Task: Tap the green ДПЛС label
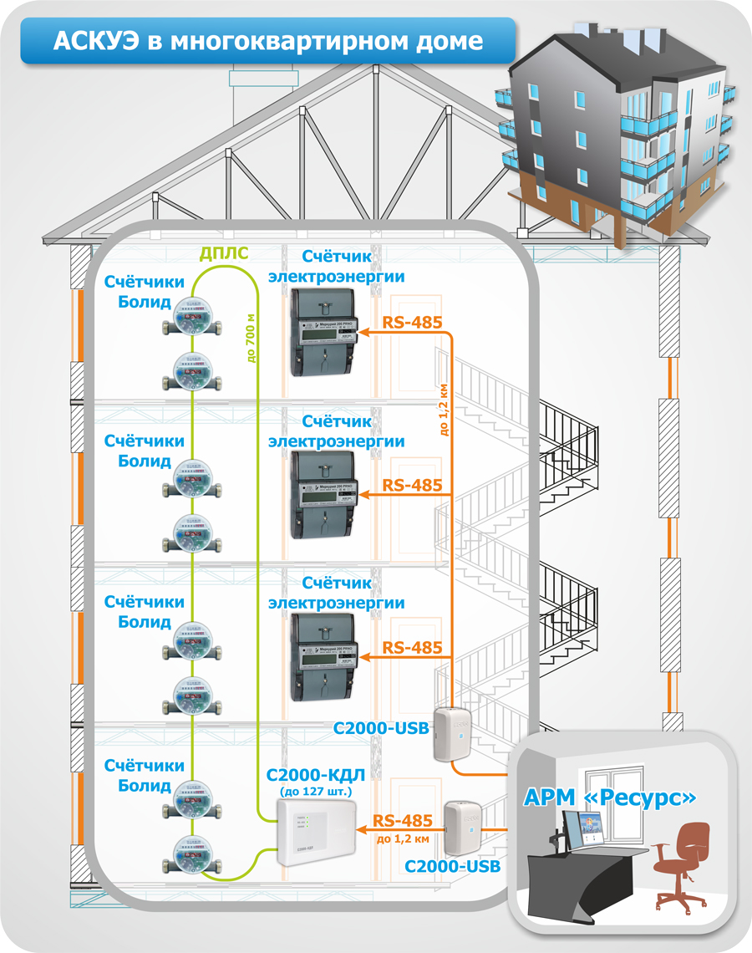[223, 253]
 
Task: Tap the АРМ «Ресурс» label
[610, 798]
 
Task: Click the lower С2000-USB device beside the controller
[462, 828]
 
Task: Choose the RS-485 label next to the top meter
[411, 323]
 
